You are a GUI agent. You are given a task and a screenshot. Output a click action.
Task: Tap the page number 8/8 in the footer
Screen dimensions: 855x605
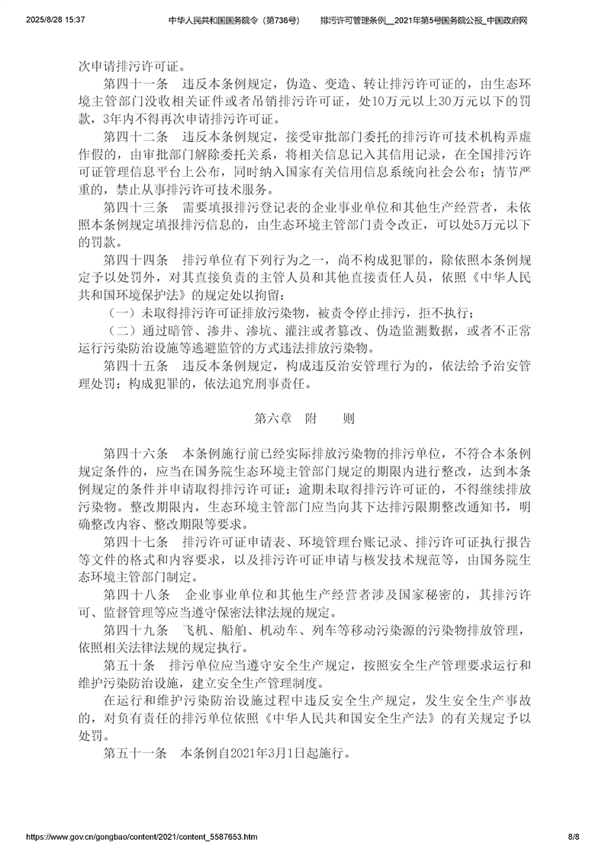point(574,836)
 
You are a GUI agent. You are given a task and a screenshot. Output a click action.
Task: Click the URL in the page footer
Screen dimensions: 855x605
point(141,836)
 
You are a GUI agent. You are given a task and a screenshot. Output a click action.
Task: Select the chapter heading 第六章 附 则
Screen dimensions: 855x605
point(303,418)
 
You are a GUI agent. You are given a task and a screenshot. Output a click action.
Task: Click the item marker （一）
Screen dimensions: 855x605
point(119,313)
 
